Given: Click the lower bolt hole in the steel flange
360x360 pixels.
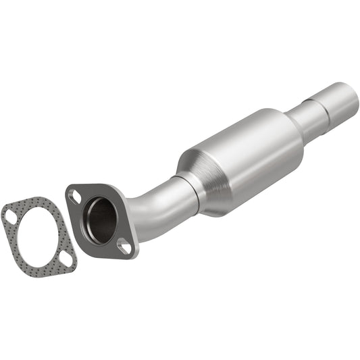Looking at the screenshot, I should pos(124,246).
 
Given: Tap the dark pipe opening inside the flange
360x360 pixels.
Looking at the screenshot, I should pos(100,219).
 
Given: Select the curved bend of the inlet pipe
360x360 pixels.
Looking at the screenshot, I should pos(152,203).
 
